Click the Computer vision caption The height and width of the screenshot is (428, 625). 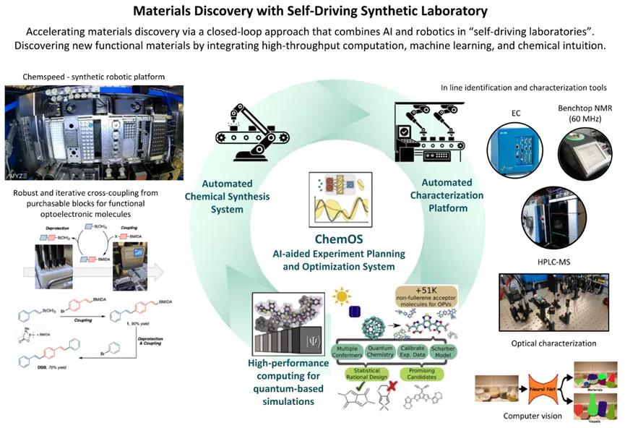point(517,416)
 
